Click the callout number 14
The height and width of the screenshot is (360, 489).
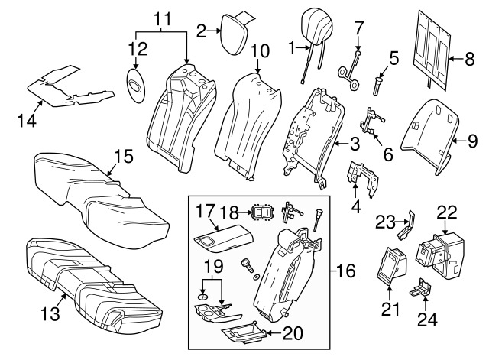(x=27, y=121)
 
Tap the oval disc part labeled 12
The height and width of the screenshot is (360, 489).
(x=136, y=85)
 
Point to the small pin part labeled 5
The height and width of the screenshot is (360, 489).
(x=378, y=86)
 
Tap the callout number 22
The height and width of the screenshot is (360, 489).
(x=447, y=212)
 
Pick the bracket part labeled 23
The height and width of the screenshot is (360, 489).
(x=406, y=226)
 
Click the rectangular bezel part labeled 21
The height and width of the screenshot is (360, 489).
(x=391, y=266)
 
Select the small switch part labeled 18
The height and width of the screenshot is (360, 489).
(x=262, y=213)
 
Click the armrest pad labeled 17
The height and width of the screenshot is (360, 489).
(x=224, y=239)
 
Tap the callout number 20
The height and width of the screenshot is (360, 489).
(x=293, y=333)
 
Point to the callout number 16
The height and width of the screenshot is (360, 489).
(x=346, y=271)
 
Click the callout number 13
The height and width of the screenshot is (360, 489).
(x=50, y=314)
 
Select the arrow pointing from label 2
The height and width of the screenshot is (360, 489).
(x=214, y=31)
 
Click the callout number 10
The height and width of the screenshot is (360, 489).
(x=260, y=51)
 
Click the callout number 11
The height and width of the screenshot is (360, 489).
(x=163, y=19)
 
